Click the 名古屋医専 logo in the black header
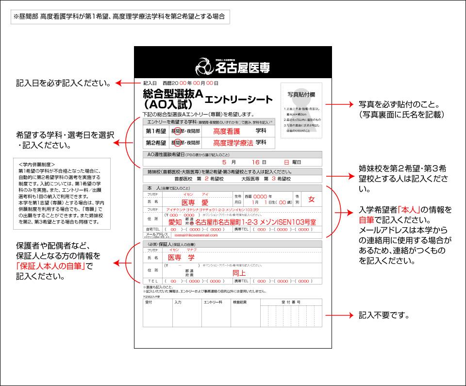233,65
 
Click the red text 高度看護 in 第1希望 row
227,131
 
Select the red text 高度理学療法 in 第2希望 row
233,143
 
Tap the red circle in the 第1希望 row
178,131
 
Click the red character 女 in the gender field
312,200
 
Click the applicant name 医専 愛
194,201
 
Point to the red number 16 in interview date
255,162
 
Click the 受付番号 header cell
291,302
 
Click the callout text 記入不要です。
383,315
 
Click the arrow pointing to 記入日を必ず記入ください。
127,83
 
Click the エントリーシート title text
238,100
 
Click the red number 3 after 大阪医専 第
273,179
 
